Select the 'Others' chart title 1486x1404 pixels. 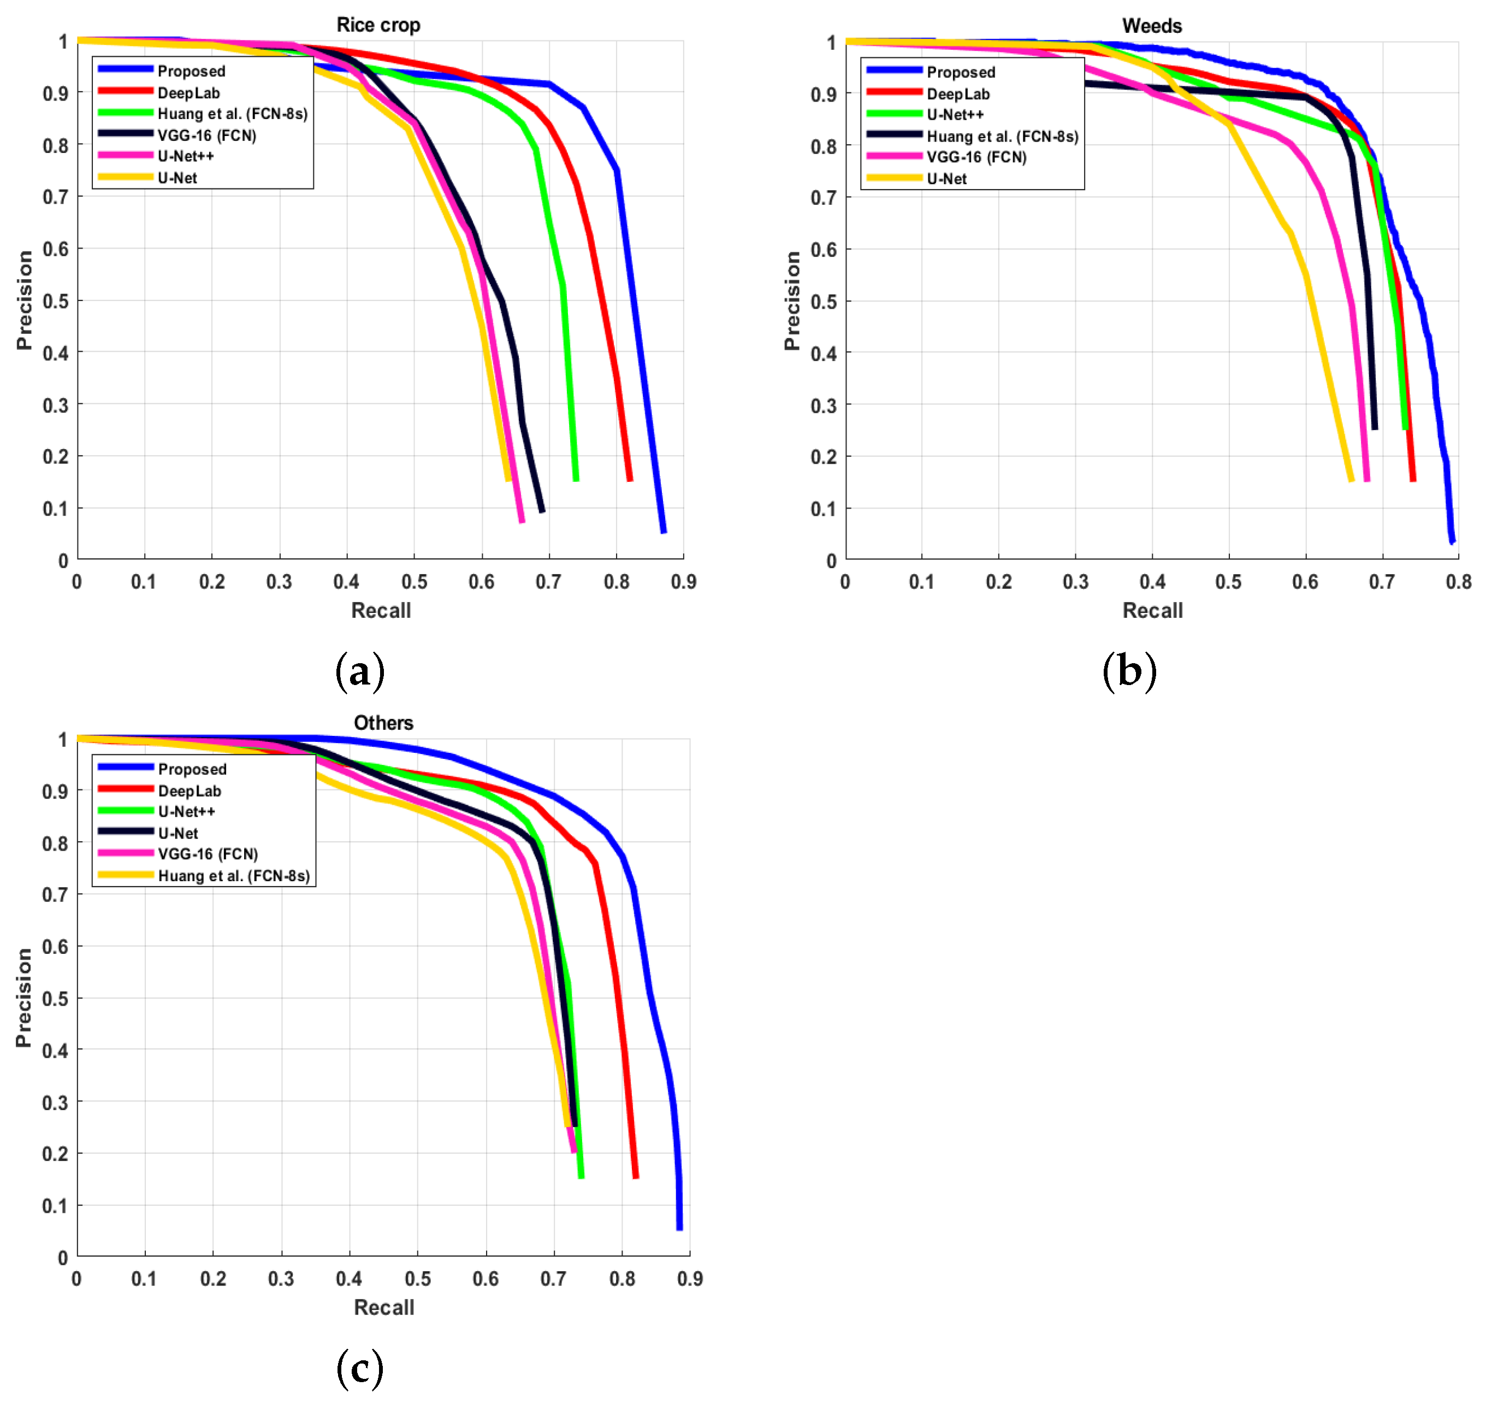(383, 722)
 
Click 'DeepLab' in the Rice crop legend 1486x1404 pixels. (188, 93)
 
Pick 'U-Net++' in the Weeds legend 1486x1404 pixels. (955, 115)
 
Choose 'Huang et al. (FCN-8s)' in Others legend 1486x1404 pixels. (233, 876)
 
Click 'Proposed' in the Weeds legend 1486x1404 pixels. (961, 72)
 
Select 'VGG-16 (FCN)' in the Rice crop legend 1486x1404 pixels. (206, 135)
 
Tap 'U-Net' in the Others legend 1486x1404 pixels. (178, 833)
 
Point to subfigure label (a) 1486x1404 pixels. (360, 671)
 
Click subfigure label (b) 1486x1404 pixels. (1129, 671)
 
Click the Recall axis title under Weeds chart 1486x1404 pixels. (1152, 611)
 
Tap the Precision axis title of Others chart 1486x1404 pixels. (24, 998)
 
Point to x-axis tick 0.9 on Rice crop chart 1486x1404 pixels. (683, 582)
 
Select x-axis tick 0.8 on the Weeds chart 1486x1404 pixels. (1458, 582)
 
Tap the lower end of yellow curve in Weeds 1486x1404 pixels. (1351, 479)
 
